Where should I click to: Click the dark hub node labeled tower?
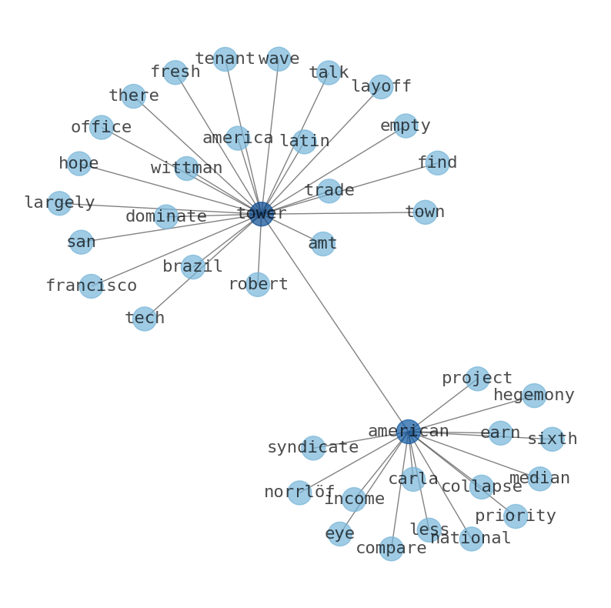[262, 214]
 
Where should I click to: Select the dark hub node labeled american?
[408, 432]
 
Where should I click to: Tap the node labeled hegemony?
[534, 396]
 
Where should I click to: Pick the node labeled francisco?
[91, 286]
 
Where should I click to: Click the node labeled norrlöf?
[299, 493]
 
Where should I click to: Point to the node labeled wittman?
[186, 169]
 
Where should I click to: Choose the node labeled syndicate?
[313, 448]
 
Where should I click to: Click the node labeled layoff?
[381, 87]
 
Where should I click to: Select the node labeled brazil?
[192, 267]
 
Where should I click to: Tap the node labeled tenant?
[225, 59]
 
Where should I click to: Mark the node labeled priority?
[515, 516]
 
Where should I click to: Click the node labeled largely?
[59, 203]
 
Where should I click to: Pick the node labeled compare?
[391, 549]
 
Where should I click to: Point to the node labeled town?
[425, 212]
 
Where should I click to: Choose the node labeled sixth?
[552, 439]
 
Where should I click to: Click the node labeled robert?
[258, 285]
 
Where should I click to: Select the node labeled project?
[477, 379]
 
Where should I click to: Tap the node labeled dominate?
[166, 217]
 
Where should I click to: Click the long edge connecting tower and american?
[335, 323]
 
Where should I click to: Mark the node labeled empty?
[406, 126]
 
